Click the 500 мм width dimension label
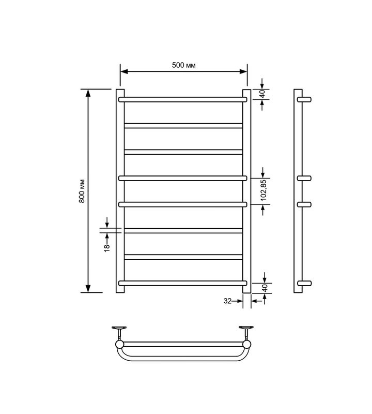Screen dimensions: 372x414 click(184, 65)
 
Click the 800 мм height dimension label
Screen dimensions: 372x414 click(82, 191)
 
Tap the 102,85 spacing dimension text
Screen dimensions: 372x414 click(264, 190)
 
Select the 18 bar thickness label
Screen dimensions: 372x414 click(107, 248)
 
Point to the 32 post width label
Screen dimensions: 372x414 click(227, 301)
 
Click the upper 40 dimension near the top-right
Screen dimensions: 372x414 click(262, 94)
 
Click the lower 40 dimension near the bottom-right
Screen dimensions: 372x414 click(265, 288)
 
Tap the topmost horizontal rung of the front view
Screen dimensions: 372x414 click(183, 99)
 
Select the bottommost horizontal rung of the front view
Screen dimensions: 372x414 click(183, 283)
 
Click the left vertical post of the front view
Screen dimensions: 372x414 click(120, 191)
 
